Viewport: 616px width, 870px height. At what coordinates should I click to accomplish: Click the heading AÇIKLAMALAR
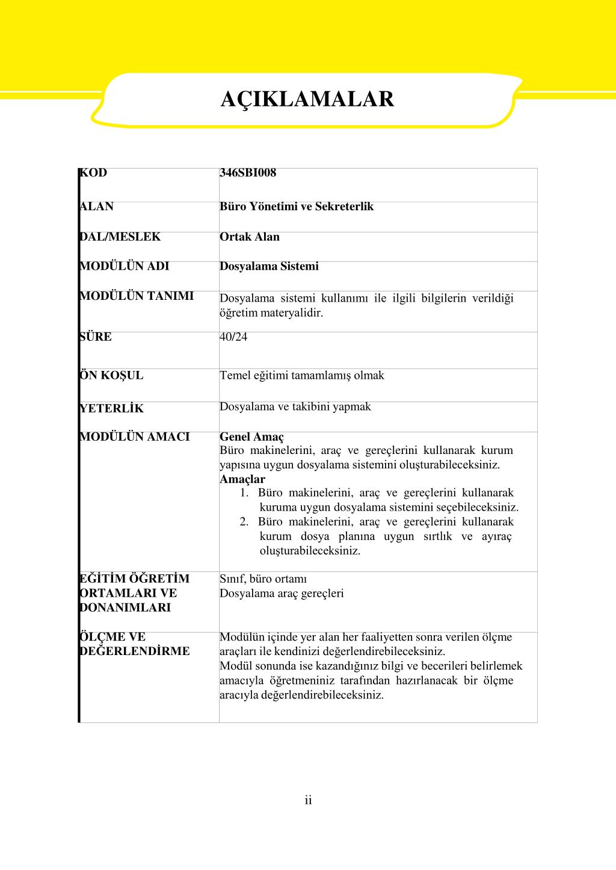click(307, 99)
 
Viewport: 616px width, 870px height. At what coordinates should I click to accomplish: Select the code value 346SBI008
click(248, 173)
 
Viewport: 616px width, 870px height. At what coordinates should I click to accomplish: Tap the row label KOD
click(94, 173)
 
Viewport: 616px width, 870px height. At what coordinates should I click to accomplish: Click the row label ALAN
click(97, 207)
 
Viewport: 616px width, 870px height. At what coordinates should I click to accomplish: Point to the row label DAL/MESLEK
click(120, 237)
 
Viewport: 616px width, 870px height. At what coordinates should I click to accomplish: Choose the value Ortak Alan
click(250, 237)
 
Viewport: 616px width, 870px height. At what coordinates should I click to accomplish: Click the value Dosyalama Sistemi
click(269, 266)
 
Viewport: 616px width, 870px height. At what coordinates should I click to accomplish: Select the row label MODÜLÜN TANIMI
click(137, 296)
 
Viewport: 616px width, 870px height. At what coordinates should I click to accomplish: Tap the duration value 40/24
click(233, 337)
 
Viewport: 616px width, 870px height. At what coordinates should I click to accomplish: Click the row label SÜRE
click(96, 337)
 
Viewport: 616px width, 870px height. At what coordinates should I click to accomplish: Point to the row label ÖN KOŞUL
click(112, 376)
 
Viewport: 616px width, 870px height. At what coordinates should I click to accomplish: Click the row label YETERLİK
click(112, 409)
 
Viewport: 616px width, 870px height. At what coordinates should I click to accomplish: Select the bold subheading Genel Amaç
click(251, 437)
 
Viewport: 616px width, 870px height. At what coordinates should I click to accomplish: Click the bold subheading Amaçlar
click(242, 479)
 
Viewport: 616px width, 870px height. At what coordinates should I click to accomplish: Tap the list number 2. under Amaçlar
click(244, 522)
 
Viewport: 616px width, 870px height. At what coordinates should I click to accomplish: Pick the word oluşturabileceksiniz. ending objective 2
click(310, 551)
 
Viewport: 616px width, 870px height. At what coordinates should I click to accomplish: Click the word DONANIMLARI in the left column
click(125, 607)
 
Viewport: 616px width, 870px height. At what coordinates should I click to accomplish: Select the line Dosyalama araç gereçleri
click(282, 593)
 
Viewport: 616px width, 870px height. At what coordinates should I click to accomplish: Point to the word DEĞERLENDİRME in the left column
click(135, 651)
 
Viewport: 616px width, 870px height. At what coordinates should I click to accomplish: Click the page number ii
click(308, 800)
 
